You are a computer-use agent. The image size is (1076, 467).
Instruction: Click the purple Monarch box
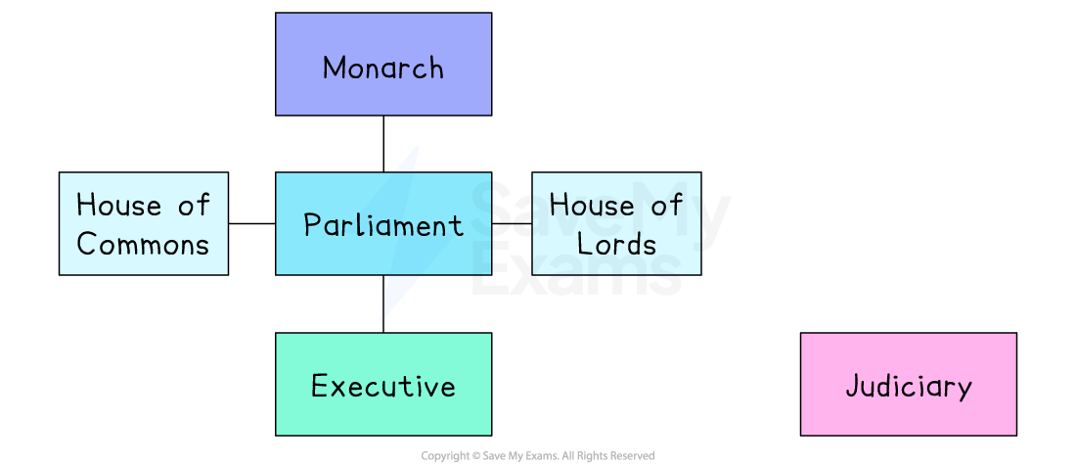click(382, 65)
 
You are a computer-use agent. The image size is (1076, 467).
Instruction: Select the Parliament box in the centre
click(382, 224)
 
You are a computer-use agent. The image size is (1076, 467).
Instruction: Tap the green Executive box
click(382, 384)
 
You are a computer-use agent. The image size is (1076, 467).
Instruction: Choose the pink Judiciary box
click(908, 384)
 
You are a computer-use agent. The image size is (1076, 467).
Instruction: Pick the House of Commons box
click(143, 224)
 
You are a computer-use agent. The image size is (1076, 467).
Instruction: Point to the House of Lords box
click(616, 224)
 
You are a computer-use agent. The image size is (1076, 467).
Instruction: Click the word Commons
click(143, 244)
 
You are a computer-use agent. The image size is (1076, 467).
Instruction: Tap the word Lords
click(616, 244)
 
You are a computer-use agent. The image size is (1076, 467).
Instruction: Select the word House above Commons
click(118, 206)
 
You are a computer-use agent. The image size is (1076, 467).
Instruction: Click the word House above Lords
click(592, 206)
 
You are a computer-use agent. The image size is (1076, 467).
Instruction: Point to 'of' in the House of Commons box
click(194, 206)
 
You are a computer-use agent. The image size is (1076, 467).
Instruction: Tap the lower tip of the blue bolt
click(381, 319)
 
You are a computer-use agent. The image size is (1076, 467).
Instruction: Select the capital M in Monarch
click(335, 68)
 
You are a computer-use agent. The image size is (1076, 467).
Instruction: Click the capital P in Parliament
click(312, 225)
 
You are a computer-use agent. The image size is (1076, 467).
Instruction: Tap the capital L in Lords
click(584, 244)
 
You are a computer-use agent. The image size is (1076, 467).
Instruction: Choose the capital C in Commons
click(86, 244)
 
